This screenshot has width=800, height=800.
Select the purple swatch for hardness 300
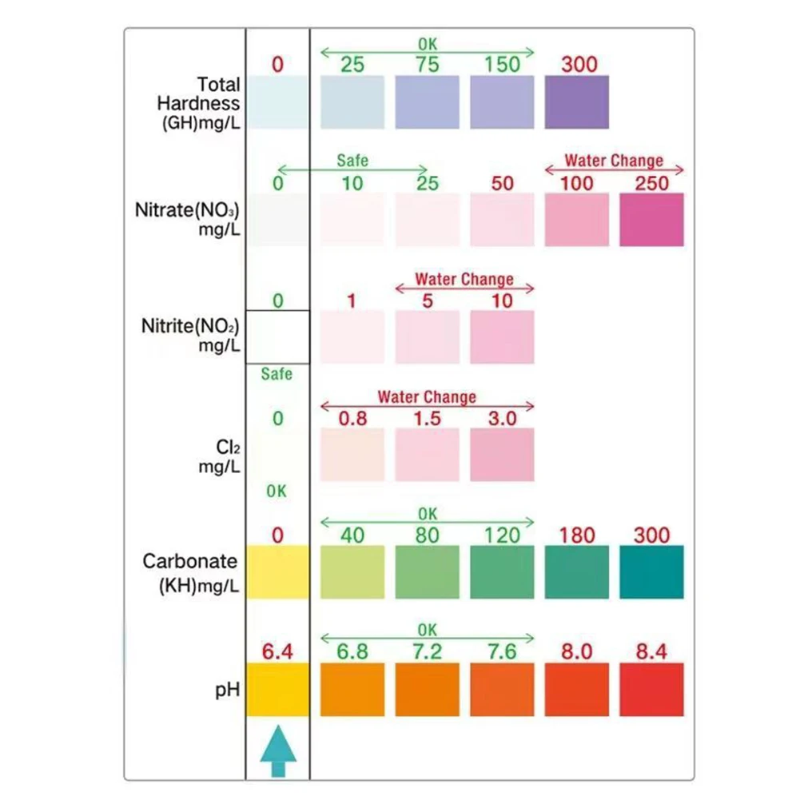coord(577,101)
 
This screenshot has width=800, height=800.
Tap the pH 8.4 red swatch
coord(652,689)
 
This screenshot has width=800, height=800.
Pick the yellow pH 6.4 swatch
coord(277,689)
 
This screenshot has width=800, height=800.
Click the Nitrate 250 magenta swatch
coord(652,219)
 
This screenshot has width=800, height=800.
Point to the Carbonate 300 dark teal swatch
coord(652,572)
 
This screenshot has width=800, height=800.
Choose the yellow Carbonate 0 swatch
coord(277,572)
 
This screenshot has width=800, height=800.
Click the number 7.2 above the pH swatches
coord(427,652)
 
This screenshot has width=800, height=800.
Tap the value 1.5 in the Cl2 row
coord(427,418)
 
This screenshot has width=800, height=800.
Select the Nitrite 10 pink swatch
coord(502,337)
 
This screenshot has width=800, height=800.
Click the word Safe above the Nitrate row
coord(352,161)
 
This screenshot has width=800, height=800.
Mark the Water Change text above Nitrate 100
coord(614,161)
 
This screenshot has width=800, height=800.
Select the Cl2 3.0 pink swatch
coord(502,455)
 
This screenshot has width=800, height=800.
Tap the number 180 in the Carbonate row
coord(577,535)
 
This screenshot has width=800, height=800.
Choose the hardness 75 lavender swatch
coord(427,101)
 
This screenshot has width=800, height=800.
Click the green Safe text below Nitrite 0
coord(277,374)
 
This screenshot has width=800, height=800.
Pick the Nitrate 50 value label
coord(502,183)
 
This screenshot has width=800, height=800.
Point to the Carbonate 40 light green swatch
coord(352,572)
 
